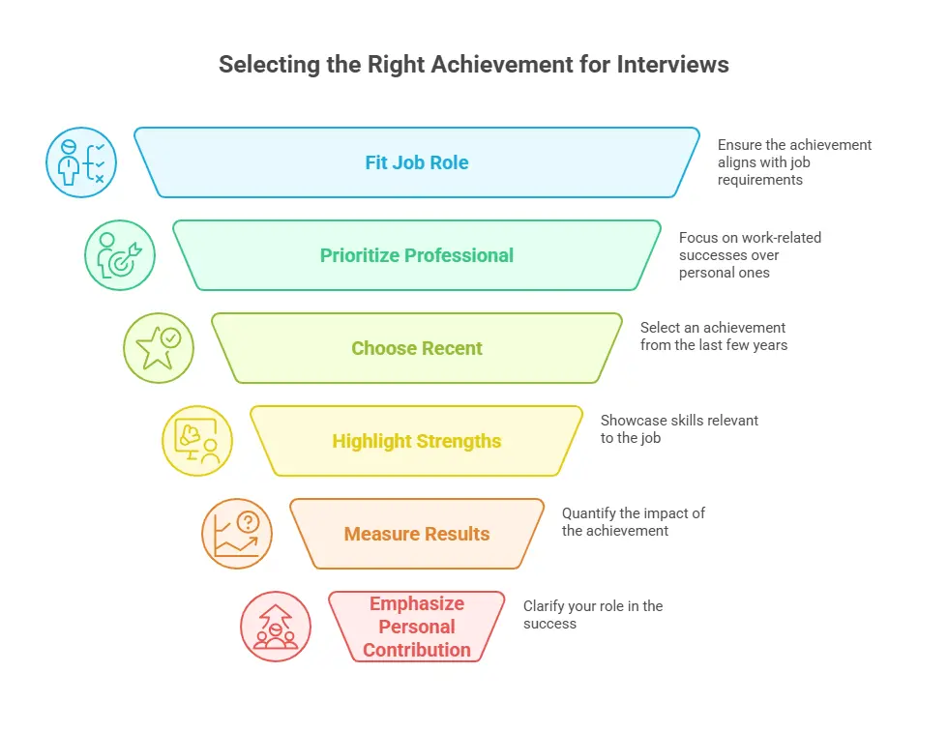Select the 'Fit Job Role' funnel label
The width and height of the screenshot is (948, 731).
coord(416,162)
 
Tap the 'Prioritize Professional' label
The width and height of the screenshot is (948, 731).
coord(416,255)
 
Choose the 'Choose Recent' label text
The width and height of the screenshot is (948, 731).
coord(416,348)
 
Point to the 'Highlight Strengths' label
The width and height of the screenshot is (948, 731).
coord(416,441)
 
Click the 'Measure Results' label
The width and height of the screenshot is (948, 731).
coord(416,534)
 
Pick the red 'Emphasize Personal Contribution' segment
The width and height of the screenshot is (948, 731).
coord(416,627)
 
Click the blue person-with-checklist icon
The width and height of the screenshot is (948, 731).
coord(81,162)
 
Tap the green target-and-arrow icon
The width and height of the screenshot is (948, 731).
coord(120,255)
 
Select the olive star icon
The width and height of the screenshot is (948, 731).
coord(159,348)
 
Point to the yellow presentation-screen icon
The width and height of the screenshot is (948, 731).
coord(197,441)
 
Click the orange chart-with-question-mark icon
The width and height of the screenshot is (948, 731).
coord(237,534)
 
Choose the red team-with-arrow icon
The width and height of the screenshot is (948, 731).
coord(276,627)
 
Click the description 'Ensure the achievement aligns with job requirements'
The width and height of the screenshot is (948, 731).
coord(793,162)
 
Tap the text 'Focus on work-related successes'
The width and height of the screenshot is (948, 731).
coord(750,247)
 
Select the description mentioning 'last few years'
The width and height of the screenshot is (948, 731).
coord(713,336)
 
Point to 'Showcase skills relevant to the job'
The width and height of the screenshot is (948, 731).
coord(679,429)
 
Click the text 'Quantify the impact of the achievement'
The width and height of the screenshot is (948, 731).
coord(634,522)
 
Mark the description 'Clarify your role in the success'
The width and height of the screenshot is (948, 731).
coord(592,615)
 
